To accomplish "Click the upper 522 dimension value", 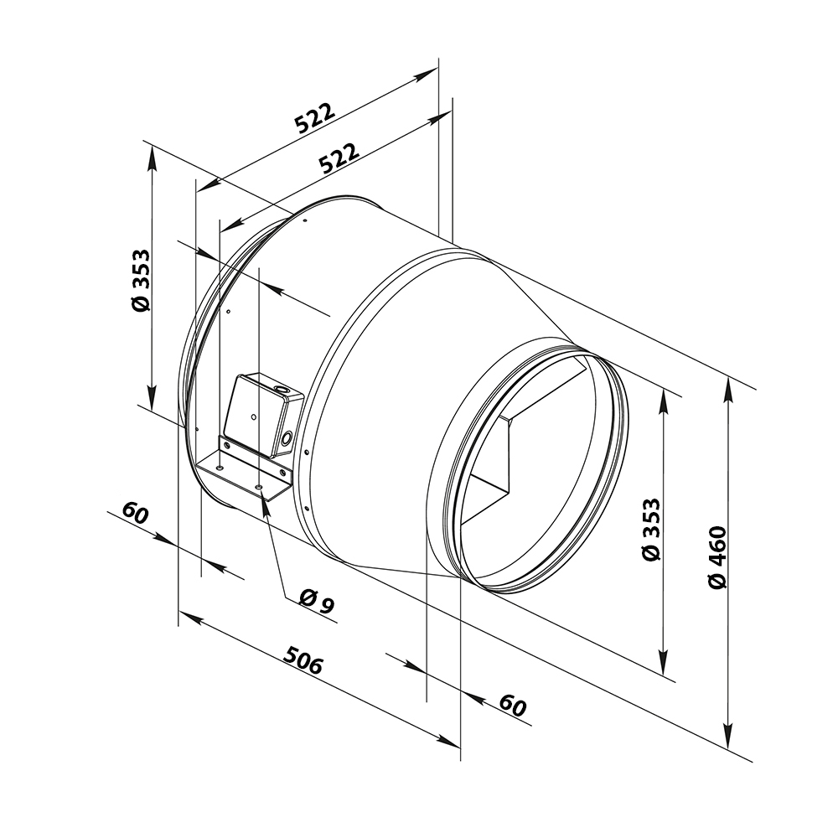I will [315, 119].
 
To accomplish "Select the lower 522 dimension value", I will [339, 159].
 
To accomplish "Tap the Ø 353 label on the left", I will [141, 281].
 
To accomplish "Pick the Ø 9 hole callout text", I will [316, 602].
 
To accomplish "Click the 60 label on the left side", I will [135, 512].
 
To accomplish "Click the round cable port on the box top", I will [278, 389].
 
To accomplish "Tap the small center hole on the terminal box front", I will [252, 416].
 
